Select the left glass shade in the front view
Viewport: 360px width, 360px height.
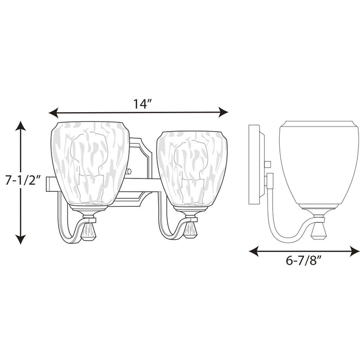click(x=90, y=160)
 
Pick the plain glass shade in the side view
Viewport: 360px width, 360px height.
click(x=312, y=159)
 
